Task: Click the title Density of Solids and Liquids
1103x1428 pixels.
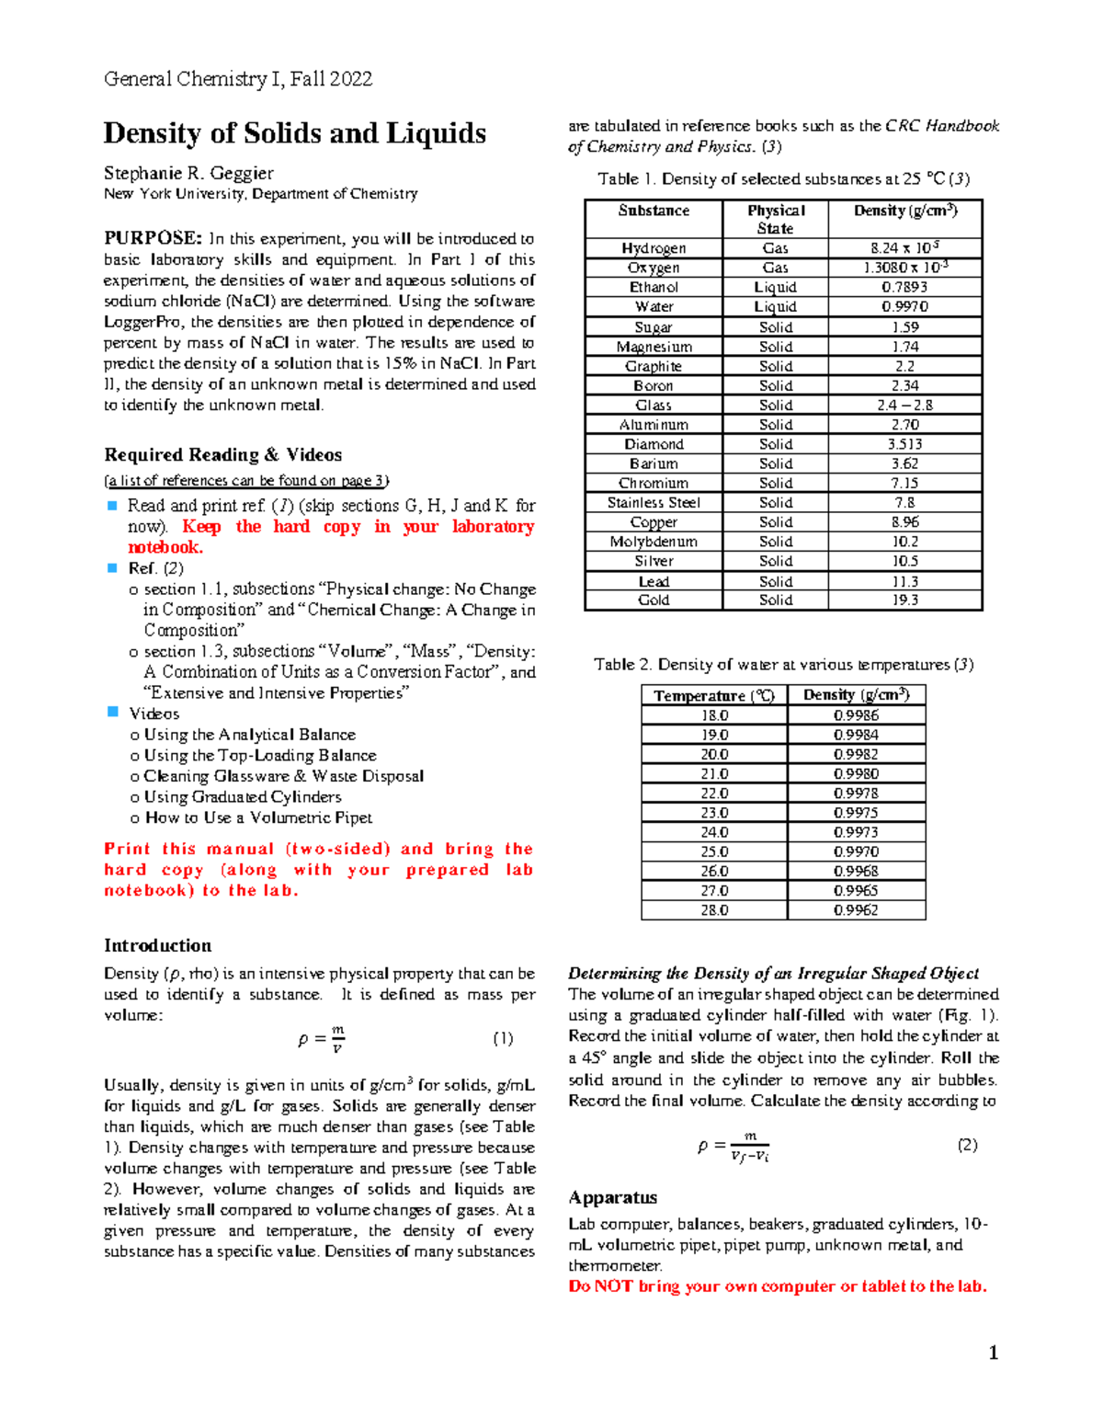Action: (294, 133)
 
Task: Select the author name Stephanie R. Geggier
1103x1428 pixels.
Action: (188, 173)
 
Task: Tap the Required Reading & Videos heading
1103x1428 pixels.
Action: (222, 454)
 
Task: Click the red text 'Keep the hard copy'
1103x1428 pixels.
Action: (271, 527)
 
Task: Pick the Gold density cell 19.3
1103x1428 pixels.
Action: (904, 600)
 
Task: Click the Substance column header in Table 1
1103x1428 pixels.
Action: (654, 211)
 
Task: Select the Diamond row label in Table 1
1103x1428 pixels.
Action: (654, 444)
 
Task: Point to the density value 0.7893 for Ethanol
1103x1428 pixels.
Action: (904, 287)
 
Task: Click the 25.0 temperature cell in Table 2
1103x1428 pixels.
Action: (714, 851)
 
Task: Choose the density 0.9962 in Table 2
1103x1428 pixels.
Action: (856, 910)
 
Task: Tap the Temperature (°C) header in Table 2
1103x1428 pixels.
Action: (714, 696)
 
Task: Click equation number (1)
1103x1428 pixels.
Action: (502, 1038)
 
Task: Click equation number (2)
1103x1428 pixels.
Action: (967, 1145)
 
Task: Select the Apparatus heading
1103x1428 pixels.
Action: (612, 1197)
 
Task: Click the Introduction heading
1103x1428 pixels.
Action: (157, 945)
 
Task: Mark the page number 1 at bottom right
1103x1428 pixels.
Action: (993, 1352)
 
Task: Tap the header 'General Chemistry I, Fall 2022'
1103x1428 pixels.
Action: (238, 79)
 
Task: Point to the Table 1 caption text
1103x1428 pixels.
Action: (783, 179)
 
